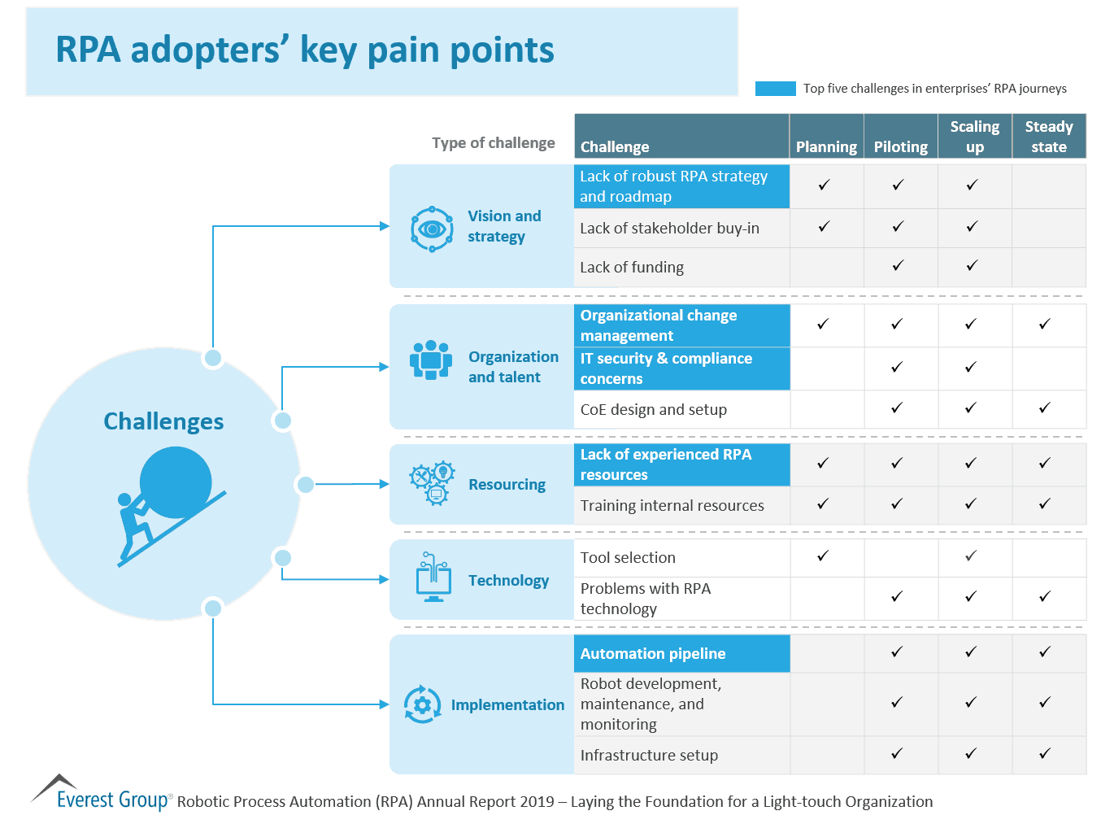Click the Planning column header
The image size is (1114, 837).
click(x=826, y=146)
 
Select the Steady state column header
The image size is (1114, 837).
click(x=1048, y=137)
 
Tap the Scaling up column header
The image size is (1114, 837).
click(x=974, y=137)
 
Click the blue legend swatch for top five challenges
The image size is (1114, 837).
click(x=775, y=89)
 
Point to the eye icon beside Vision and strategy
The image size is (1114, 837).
click(x=432, y=229)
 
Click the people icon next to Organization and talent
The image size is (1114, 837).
click(x=431, y=360)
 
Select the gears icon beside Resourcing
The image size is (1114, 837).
click(x=432, y=483)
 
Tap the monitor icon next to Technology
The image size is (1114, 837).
click(x=433, y=578)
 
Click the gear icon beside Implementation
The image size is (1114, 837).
click(x=422, y=704)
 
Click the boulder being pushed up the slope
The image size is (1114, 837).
click(x=176, y=482)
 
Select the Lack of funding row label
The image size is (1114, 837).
click(x=632, y=268)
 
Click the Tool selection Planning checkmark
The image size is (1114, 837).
click(x=823, y=556)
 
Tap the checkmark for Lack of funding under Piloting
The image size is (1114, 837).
click(x=898, y=265)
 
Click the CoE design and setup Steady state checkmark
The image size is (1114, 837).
click(x=1045, y=408)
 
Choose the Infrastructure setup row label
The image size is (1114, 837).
click(x=649, y=756)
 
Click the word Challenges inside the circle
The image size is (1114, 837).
click(x=163, y=421)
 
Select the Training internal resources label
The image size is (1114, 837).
click(x=672, y=506)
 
